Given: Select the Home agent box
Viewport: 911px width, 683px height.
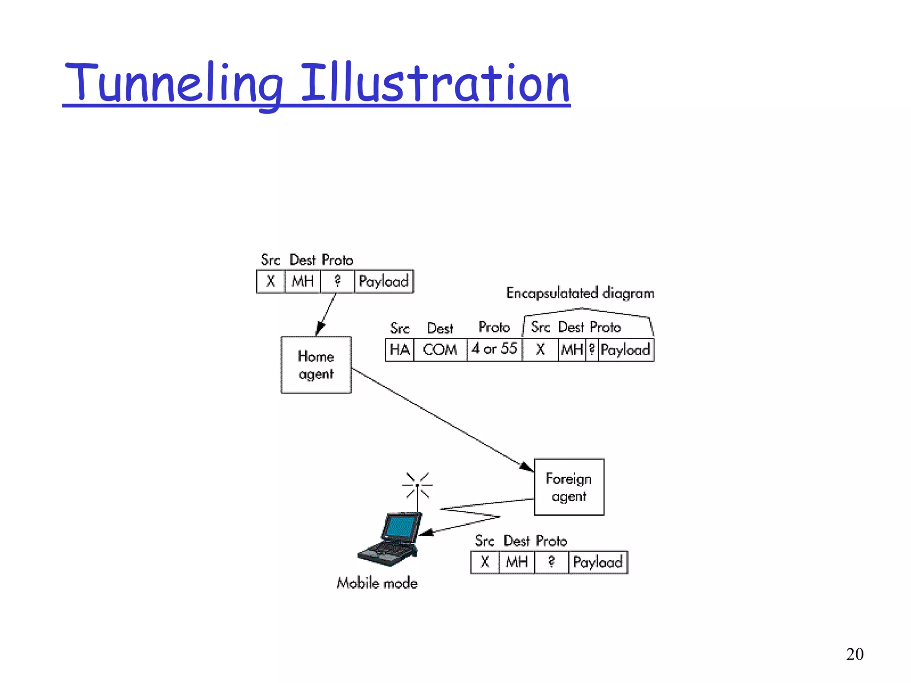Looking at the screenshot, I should coord(316,365).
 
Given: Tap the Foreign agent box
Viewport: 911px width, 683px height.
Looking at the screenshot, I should coord(569,487).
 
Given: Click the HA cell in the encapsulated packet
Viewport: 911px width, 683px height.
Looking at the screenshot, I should coord(399,350).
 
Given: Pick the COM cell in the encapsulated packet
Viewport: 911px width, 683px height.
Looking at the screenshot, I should coord(440,350).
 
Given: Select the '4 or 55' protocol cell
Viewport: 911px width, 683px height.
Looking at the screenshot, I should coord(494,349).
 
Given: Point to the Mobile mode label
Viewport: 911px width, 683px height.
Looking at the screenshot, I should coord(377,583).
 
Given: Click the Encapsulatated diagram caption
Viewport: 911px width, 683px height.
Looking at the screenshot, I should coord(580,293).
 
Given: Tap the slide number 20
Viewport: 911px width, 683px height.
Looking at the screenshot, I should coord(855,654).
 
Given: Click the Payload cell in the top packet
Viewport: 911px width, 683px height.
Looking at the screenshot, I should coord(383,281).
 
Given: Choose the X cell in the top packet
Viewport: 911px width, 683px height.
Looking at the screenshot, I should coord(270,281).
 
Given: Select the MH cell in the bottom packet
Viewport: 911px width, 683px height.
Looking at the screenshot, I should coord(516,562).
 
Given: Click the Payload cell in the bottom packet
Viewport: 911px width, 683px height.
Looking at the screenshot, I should coord(597,562).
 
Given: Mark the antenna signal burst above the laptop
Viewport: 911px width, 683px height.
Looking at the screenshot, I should coord(417,485).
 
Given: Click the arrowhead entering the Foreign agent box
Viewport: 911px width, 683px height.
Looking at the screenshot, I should coord(527,466).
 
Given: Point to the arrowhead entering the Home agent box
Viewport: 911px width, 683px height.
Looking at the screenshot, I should coord(319,329).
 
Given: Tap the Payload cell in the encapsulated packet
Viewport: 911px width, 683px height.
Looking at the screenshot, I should coord(625,350).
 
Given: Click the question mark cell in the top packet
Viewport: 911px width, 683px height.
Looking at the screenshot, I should coord(337,281).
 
